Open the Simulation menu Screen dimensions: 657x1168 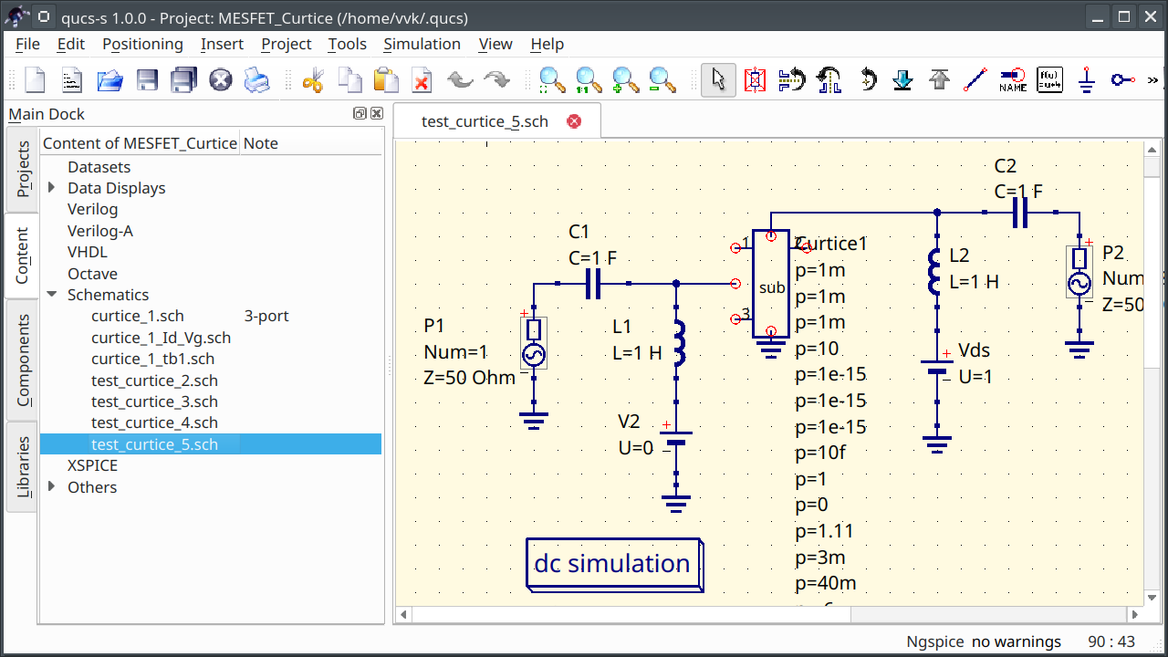click(422, 44)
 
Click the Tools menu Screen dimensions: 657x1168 click(347, 44)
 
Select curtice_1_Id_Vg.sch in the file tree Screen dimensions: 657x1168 click(161, 338)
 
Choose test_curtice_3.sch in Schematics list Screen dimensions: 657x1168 click(154, 401)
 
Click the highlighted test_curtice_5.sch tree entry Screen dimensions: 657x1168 click(154, 444)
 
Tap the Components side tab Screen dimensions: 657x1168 click(23, 360)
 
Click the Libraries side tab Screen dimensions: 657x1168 click(23, 466)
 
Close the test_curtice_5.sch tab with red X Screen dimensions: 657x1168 click(574, 121)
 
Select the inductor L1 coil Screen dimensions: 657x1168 click(677, 342)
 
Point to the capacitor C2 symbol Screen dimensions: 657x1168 click(1020, 214)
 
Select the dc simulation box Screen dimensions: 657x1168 click(613, 564)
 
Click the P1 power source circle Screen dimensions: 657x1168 click(533, 354)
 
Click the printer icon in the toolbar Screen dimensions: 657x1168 click(257, 80)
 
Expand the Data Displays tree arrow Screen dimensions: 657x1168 click(51, 188)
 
